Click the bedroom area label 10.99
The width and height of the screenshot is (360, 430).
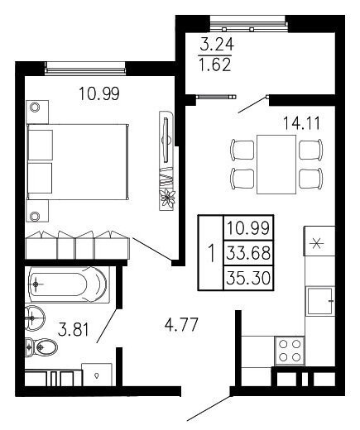(x=99, y=93)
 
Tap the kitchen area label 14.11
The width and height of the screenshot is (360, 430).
(x=301, y=123)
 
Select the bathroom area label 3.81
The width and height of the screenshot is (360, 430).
(x=74, y=330)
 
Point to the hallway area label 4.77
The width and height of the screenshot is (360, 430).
(x=181, y=324)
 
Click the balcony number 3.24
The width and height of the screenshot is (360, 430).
(x=217, y=45)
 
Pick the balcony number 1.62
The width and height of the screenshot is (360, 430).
(x=215, y=65)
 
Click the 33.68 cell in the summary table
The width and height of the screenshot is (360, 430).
(x=248, y=253)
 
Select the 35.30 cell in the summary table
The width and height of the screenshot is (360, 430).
(x=248, y=278)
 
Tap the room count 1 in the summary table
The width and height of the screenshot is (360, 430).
(x=211, y=254)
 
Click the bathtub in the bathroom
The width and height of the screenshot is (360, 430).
(x=68, y=284)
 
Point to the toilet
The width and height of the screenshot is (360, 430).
(x=41, y=347)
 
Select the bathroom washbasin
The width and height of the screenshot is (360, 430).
(x=34, y=318)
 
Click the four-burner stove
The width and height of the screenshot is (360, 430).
(x=290, y=351)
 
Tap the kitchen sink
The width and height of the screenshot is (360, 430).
(x=320, y=301)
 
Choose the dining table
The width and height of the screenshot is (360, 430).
(x=276, y=165)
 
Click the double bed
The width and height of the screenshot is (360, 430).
(x=78, y=162)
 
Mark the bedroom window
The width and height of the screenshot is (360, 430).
(x=85, y=68)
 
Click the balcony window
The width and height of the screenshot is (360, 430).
(x=248, y=23)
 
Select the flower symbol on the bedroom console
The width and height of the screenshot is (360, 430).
(x=167, y=198)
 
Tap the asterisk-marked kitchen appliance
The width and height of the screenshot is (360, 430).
(x=319, y=241)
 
